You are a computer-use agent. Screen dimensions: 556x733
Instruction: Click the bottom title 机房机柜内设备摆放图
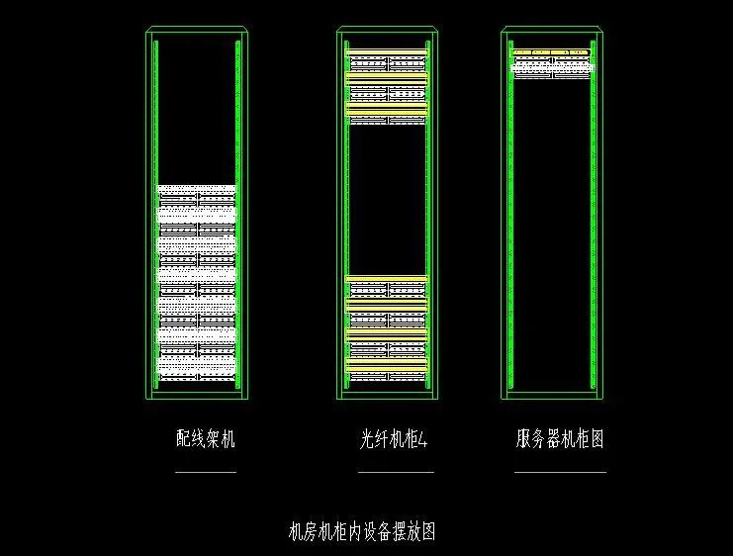[361, 531]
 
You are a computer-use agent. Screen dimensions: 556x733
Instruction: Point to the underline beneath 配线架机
[206, 473]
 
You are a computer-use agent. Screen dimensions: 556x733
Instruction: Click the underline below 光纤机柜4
[395, 473]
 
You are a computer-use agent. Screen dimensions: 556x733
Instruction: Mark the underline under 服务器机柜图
[560, 473]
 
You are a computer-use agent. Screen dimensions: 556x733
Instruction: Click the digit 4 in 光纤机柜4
[423, 439]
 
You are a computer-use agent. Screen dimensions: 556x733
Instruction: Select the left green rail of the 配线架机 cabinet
[156, 213]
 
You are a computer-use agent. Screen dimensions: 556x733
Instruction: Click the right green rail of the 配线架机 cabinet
[238, 213]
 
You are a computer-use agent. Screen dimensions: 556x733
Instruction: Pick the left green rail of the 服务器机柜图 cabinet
[510, 228]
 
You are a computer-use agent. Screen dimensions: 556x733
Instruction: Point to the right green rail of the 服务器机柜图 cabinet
[593, 228]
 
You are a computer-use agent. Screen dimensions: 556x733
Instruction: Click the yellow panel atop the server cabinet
[551, 51]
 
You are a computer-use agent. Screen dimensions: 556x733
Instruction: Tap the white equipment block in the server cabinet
[551, 65]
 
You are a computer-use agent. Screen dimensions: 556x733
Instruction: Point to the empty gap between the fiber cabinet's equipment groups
[386, 198]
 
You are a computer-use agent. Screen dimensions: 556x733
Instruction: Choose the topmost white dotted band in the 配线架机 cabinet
[198, 188]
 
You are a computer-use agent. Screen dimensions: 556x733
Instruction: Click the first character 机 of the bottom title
[294, 531]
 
